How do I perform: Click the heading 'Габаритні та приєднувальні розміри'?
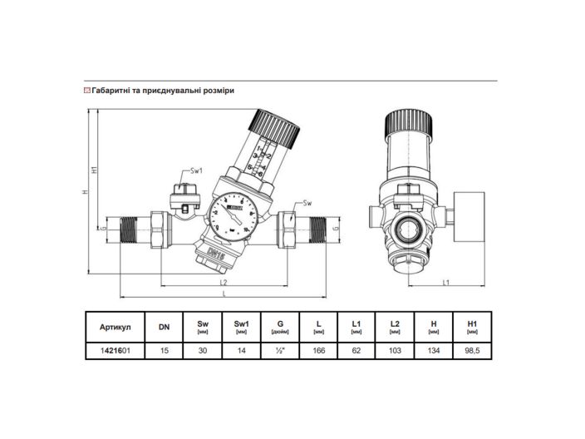pyautogui.click(x=162, y=91)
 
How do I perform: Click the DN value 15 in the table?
pyautogui.click(x=164, y=351)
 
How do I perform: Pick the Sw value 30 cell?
pyautogui.click(x=202, y=351)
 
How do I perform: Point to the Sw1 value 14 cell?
pyautogui.click(x=242, y=351)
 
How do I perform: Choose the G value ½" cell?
pyautogui.click(x=281, y=351)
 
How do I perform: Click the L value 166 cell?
pyautogui.click(x=320, y=351)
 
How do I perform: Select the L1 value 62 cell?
pyautogui.click(x=356, y=351)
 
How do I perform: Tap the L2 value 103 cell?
pyautogui.click(x=395, y=351)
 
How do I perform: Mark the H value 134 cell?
pyautogui.click(x=433, y=351)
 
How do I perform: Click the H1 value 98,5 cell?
pyautogui.click(x=471, y=351)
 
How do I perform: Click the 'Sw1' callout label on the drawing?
pyautogui.click(x=197, y=171)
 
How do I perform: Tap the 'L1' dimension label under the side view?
pyautogui.click(x=445, y=282)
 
